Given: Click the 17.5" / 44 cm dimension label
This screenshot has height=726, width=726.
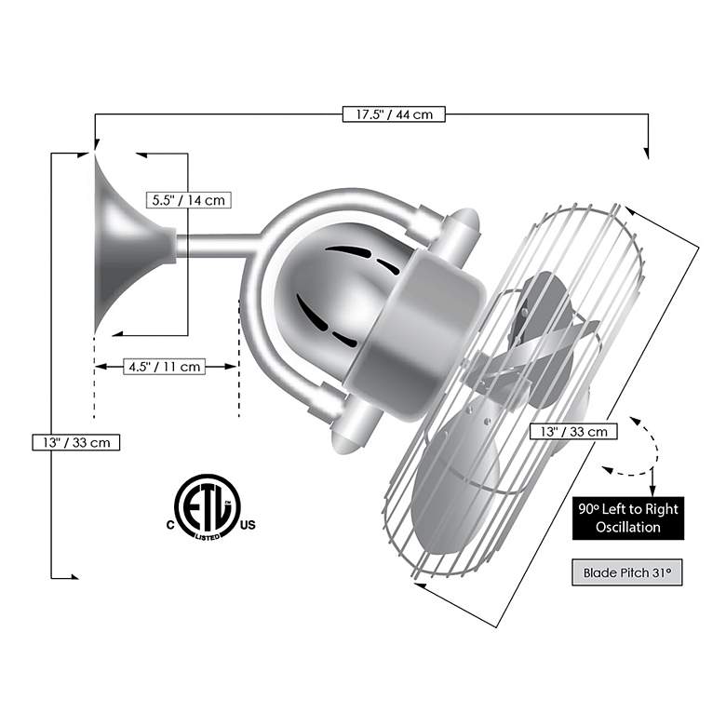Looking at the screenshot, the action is click(x=394, y=114).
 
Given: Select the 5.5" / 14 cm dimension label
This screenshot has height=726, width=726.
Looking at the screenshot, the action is click(x=188, y=200).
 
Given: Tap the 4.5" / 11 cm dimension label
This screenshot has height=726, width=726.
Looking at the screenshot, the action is click(x=164, y=367).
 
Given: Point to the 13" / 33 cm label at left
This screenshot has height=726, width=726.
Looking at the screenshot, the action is click(x=76, y=442).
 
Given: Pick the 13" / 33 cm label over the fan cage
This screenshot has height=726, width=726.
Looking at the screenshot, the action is click(x=573, y=432).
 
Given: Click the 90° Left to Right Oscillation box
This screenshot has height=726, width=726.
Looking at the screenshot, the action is click(x=628, y=518).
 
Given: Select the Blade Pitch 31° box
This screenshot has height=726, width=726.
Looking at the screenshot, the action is click(x=627, y=572).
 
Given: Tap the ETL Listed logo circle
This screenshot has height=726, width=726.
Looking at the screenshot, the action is click(x=208, y=507).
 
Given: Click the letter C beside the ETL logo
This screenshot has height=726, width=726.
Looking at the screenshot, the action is click(x=170, y=525).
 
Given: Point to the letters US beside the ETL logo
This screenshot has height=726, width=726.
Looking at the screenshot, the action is click(x=248, y=525).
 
